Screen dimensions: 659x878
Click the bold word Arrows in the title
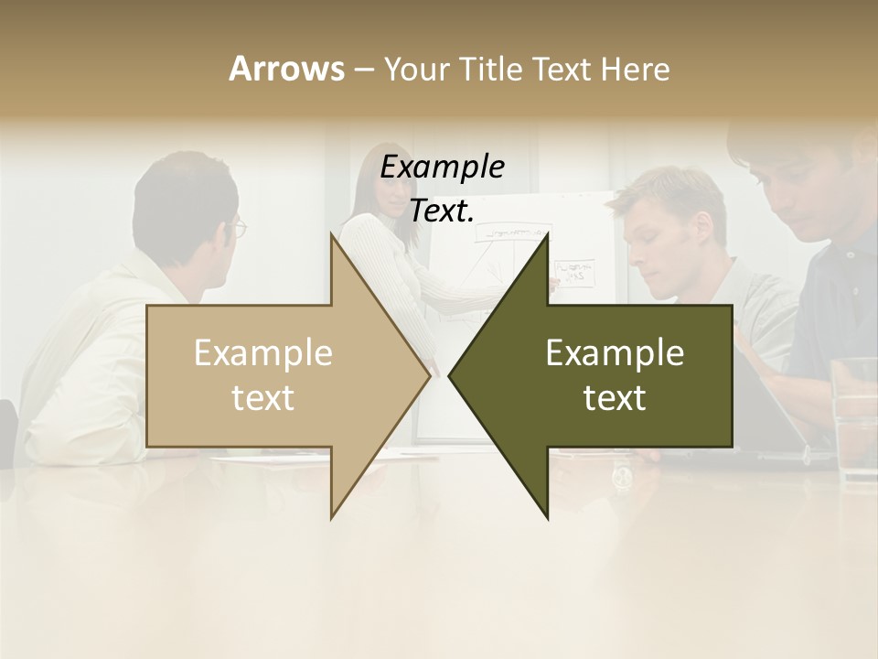[x=286, y=69]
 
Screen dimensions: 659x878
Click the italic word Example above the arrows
[x=442, y=168]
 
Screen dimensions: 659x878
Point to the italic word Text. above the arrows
[x=442, y=211]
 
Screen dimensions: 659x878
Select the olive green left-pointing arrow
[x=622, y=375]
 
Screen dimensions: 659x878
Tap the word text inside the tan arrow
[x=262, y=397]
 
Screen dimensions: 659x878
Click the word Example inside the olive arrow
[x=615, y=353]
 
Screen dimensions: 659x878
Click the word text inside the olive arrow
[x=615, y=397]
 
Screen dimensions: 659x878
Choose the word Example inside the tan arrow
[x=262, y=353]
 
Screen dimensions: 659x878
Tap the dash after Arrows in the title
[x=362, y=69]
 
